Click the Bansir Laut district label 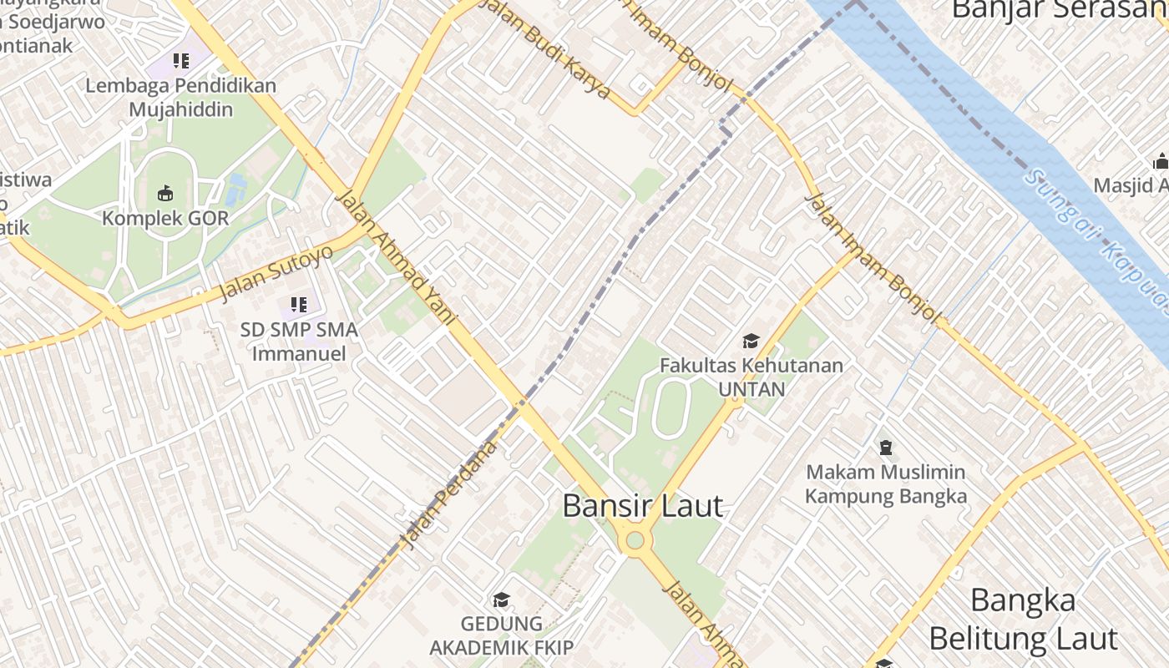coord(642,506)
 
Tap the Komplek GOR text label coord(164,219)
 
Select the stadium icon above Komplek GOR coord(165,194)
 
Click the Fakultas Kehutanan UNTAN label coord(751,377)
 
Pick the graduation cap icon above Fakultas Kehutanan coord(751,341)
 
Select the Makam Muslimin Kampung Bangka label coord(885,484)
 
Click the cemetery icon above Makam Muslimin coord(885,448)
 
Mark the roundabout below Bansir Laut coord(635,540)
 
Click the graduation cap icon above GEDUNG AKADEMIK coord(501,600)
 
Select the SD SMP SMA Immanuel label coord(299,342)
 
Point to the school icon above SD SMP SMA coord(298,305)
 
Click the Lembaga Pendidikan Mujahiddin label coord(180,97)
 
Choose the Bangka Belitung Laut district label coord(1022,620)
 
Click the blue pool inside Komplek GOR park coord(236,190)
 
